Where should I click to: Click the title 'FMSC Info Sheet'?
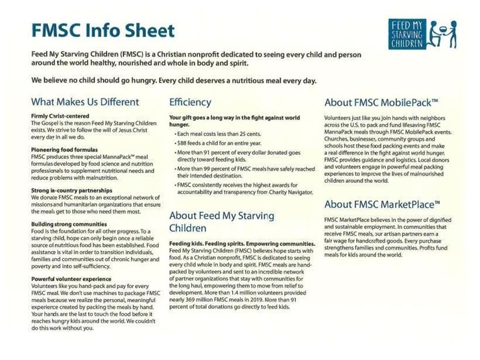(x=102, y=30)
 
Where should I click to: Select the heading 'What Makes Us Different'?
(x=85, y=102)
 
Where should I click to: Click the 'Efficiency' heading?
(x=190, y=102)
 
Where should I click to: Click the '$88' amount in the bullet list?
(x=182, y=141)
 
